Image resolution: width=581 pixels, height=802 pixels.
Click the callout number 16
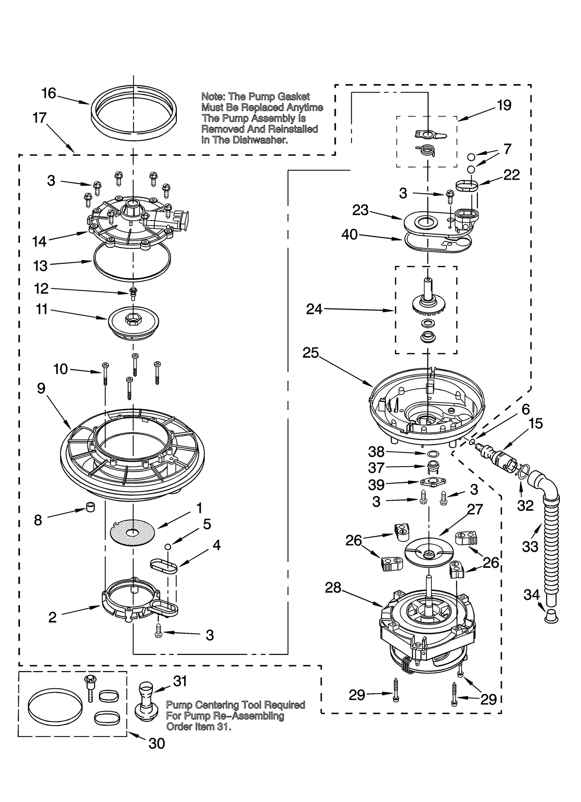(x=49, y=93)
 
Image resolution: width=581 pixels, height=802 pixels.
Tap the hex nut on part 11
(x=130, y=319)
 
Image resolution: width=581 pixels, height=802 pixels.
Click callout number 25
(x=310, y=353)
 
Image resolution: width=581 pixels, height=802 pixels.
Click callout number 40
(x=349, y=235)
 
